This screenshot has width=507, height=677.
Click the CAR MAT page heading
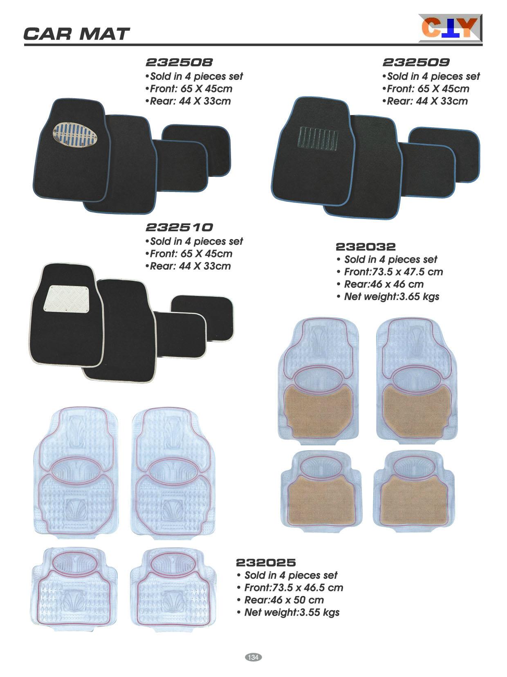(76, 34)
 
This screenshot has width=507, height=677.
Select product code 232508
(179, 63)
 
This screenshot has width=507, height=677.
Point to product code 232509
(416, 63)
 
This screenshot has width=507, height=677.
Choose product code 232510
(179, 228)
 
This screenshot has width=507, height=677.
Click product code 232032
(366, 247)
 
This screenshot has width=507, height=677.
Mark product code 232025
(266, 563)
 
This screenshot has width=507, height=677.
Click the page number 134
(253, 657)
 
